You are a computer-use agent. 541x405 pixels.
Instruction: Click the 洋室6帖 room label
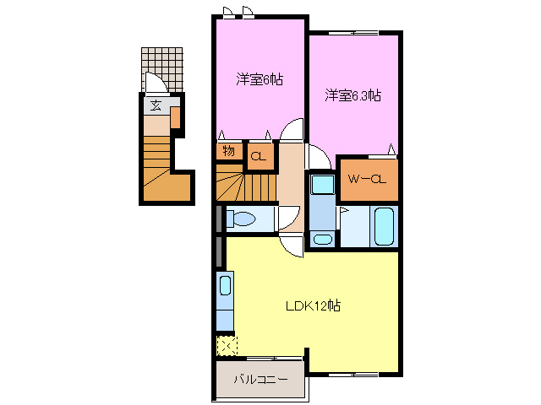[x=260, y=80]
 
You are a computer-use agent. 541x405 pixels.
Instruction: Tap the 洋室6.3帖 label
[x=352, y=96]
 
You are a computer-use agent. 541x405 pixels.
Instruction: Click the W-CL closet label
[x=368, y=178]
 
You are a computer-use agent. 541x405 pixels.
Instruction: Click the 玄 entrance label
[x=156, y=106]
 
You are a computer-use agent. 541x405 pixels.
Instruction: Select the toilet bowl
[x=243, y=219]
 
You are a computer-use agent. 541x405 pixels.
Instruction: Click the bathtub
[x=385, y=224]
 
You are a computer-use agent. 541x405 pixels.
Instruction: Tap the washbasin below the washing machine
[x=322, y=240]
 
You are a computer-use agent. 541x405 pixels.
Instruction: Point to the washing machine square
[x=321, y=185]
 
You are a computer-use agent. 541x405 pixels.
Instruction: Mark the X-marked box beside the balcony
[x=227, y=345]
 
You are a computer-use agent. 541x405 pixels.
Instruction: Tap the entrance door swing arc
[x=156, y=84]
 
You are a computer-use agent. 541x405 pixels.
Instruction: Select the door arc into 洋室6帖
[x=292, y=128]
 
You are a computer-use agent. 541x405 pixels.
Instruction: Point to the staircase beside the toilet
[x=246, y=181]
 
